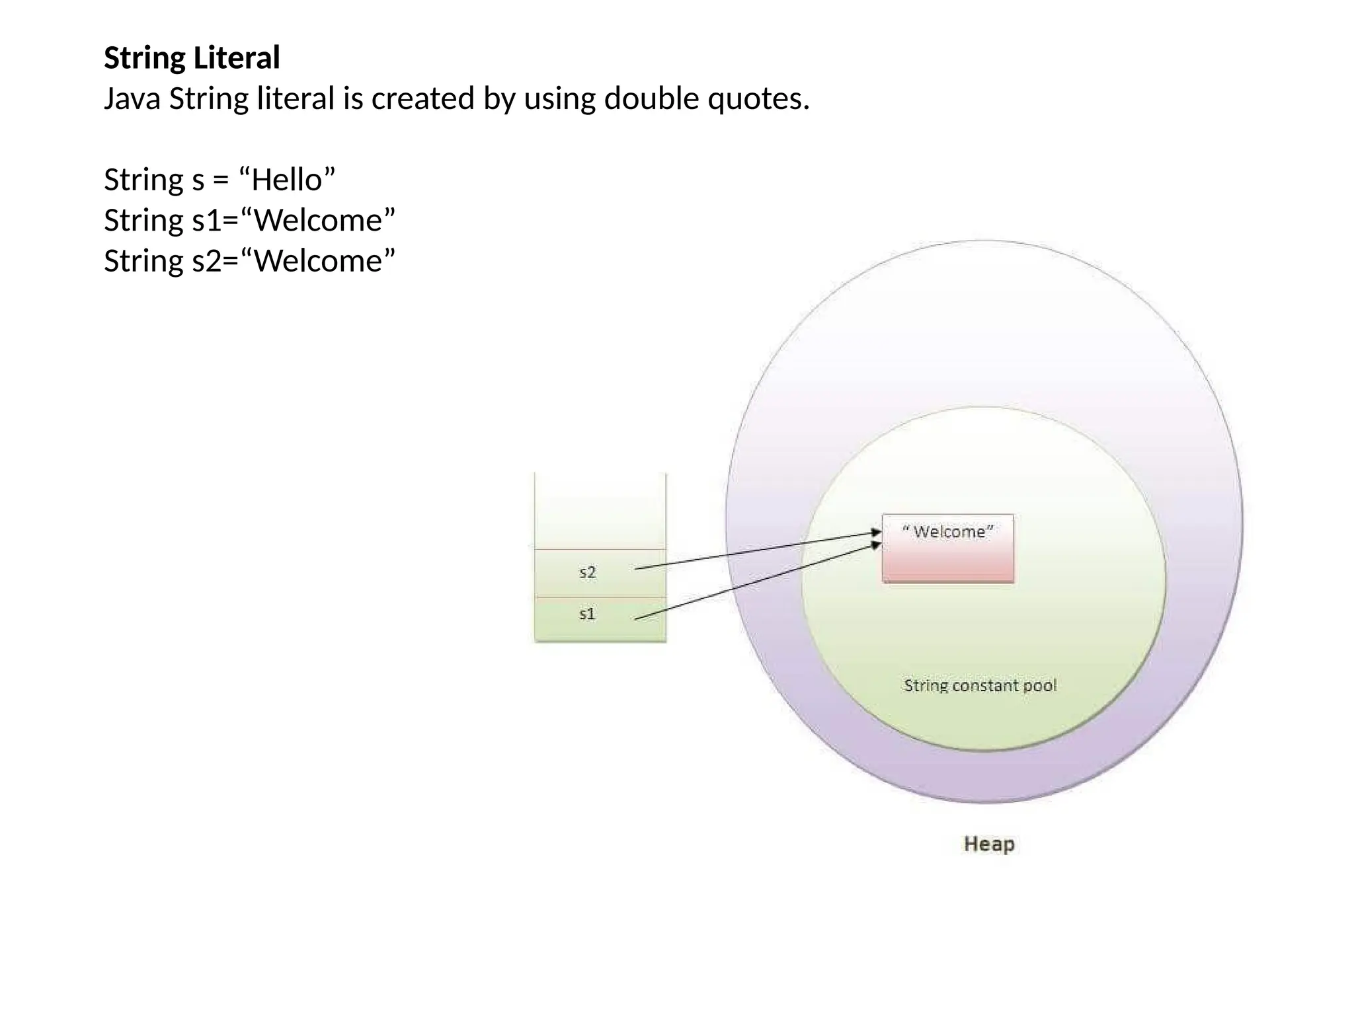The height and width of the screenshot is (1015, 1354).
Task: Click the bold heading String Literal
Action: (192, 57)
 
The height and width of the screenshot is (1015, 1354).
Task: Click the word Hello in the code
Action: (286, 180)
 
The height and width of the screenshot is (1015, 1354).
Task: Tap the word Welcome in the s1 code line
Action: (318, 220)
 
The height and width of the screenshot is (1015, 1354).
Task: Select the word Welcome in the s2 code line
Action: (318, 261)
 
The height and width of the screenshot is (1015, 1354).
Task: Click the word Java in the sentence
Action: (132, 99)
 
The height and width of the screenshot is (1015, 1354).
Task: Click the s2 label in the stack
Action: (587, 572)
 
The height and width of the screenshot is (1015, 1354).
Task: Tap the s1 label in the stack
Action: (587, 614)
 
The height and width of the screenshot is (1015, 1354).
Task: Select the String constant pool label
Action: (980, 685)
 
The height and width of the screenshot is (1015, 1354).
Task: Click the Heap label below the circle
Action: (988, 844)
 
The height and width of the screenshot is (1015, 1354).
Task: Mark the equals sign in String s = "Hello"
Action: (221, 180)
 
